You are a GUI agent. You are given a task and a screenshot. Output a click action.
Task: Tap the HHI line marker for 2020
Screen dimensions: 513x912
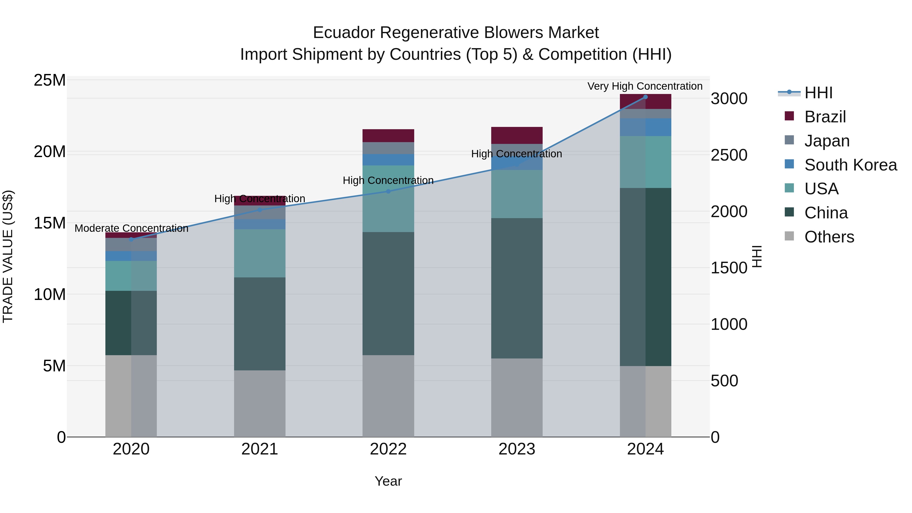(x=131, y=239)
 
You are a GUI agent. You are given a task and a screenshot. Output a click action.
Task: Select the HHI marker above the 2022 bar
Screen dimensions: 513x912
(x=388, y=192)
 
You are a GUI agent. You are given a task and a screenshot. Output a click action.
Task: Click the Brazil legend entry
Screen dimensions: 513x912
(x=825, y=117)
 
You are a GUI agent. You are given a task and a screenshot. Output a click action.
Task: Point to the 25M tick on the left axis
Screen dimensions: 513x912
(x=50, y=80)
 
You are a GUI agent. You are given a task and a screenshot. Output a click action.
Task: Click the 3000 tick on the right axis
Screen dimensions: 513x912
(x=729, y=99)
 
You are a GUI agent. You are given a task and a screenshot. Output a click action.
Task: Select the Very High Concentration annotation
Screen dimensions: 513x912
(x=645, y=86)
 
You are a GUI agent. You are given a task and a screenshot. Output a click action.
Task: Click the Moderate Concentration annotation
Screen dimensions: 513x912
(x=131, y=228)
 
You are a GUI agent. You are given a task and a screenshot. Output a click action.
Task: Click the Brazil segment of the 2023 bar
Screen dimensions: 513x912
(x=517, y=135)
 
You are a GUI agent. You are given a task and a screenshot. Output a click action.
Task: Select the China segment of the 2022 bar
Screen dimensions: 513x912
(x=388, y=294)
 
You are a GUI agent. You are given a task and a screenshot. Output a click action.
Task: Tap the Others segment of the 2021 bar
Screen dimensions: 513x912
(x=259, y=404)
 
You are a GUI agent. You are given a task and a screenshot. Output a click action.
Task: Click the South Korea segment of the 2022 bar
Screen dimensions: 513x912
(x=388, y=160)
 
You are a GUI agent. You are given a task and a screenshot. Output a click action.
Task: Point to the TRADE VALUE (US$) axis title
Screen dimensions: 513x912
(x=8, y=256)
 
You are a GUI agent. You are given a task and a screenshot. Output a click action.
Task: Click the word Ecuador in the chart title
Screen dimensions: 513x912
(x=344, y=33)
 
